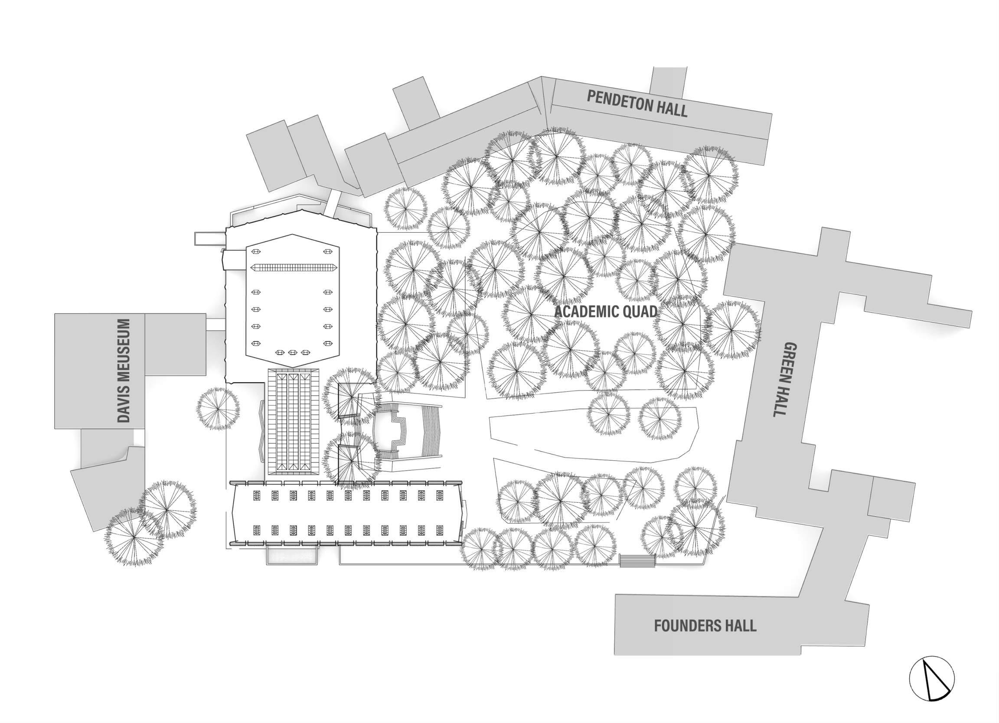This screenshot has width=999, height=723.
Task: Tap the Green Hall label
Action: click(x=785, y=379)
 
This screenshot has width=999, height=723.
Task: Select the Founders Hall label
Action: click(x=705, y=626)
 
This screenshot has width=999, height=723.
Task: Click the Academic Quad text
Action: click(x=606, y=312)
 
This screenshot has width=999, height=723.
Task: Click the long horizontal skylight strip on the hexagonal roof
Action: click(x=294, y=267)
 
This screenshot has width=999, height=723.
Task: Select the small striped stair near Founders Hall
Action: click(x=637, y=560)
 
